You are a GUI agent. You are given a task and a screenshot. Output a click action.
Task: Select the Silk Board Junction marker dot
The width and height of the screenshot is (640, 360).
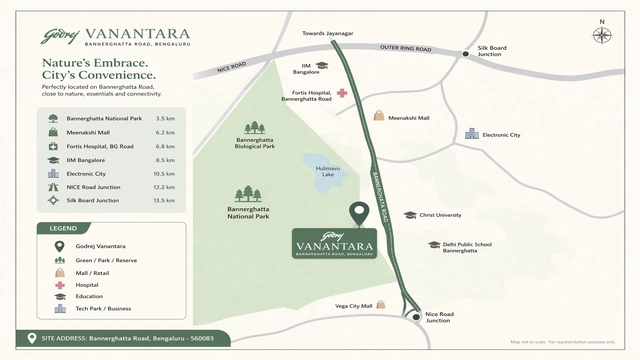466,55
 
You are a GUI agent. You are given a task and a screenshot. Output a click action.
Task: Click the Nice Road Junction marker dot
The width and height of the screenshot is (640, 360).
415,317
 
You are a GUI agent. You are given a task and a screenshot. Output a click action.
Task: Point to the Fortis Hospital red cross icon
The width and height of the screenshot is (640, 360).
342,92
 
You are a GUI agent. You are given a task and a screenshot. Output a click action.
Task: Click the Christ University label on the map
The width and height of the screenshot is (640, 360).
440,215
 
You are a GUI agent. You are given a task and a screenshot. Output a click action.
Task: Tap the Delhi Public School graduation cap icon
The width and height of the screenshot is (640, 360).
434,245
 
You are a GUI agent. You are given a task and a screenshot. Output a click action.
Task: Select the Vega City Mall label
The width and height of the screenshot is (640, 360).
353,306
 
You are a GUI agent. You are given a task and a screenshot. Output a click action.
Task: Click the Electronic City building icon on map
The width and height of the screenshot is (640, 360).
472,134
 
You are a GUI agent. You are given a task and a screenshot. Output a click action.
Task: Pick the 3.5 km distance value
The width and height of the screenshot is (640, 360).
166,118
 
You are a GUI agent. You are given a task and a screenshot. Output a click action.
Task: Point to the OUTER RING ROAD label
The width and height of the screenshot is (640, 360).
406,49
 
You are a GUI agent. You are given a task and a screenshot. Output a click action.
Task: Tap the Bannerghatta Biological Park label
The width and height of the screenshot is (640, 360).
255,143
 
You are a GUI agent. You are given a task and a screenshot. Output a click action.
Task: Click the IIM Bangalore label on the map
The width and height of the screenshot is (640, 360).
306,70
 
